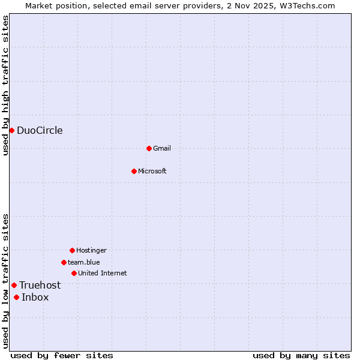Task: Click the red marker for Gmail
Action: (149, 148)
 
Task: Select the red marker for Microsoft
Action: (134, 171)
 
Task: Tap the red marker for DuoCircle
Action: (11, 131)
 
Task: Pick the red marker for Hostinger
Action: (72, 250)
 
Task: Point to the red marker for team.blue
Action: (64, 262)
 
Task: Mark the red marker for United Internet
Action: (74, 273)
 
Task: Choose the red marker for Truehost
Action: (14, 285)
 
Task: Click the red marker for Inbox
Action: (16, 297)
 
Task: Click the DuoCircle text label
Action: (40, 131)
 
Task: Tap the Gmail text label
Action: (162, 148)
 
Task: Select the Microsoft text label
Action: (152, 171)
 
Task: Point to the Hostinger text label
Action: (91, 250)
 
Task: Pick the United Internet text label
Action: (103, 273)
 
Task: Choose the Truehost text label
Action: (40, 285)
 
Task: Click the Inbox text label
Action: (35, 297)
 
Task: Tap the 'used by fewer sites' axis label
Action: (62, 355)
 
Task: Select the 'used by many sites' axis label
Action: (301, 355)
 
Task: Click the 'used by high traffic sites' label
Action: (5, 85)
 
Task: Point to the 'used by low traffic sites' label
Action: (5, 280)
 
